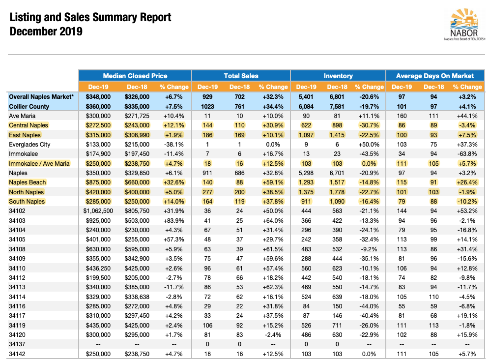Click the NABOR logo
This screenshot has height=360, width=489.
tap(464, 24)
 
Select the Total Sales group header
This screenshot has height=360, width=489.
tap(241, 76)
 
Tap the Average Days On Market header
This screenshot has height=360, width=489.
tap(435, 76)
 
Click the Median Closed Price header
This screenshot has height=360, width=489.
tap(135, 76)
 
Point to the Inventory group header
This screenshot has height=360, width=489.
tap(338, 76)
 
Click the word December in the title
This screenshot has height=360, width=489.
tap(32, 31)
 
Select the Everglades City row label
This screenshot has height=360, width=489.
tap(29, 145)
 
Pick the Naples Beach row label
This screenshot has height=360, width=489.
tap(28, 182)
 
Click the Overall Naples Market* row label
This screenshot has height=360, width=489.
tap(41, 97)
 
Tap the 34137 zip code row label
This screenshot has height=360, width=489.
tap(17, 344)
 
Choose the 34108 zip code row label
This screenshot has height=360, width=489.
tap(17, 249)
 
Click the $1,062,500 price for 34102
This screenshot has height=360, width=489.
tap(98, 211)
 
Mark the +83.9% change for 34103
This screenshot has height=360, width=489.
tap(173, 220)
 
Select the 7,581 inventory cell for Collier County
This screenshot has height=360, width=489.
tap(337, 106)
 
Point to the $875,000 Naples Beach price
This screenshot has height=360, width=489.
tap(98, 182)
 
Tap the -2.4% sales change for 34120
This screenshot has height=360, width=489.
tap(273, 335)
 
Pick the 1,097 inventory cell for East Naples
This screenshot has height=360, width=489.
tap(306, 135)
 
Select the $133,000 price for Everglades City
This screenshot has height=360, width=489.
tap(98, 145)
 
